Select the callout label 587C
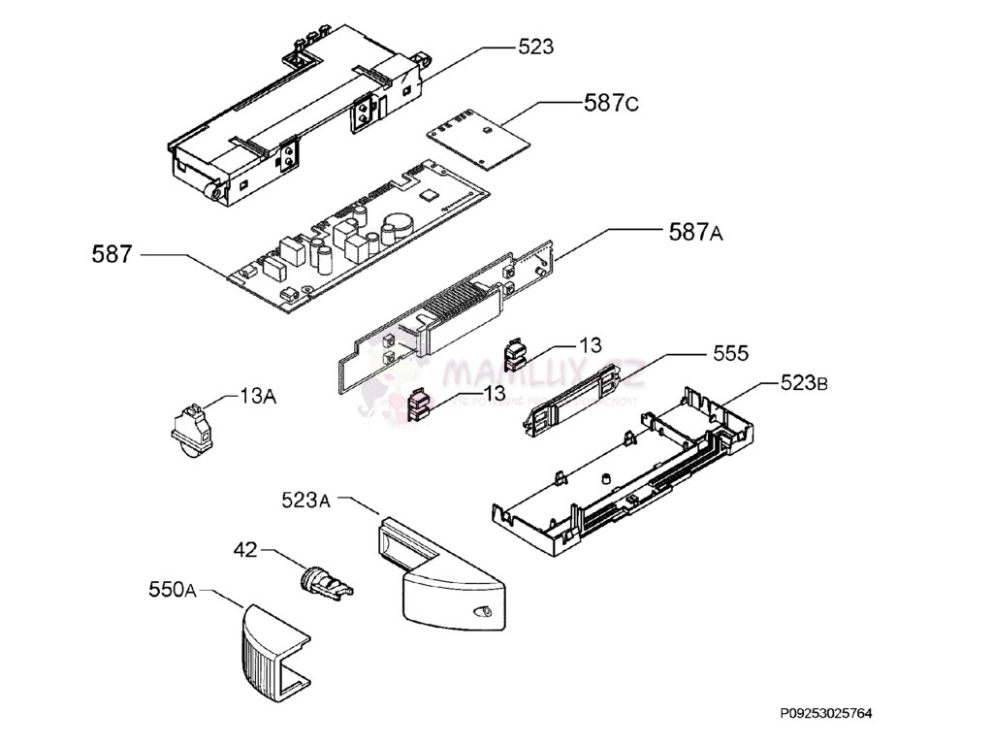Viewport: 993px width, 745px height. click(611, 103)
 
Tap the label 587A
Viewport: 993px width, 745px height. click(695, 232)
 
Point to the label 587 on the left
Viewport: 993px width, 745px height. click(113, 255)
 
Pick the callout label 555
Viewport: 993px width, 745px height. click(730, 354)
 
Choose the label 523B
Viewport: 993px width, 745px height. click(804, 383)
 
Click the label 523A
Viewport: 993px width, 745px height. click(306, 501)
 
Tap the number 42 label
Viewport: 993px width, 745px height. click(244, 550)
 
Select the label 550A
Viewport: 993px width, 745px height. click(173, 589)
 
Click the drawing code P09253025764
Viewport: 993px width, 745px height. click(825, 714)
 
